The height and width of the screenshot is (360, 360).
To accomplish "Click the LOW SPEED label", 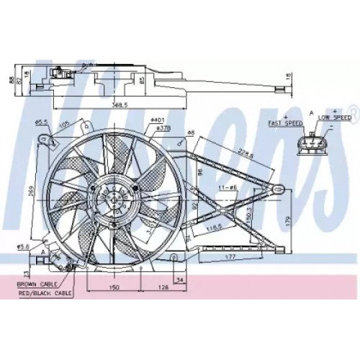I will [x=335, y=116].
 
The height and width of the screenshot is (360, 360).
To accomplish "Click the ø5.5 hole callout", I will [x=42, y=121].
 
